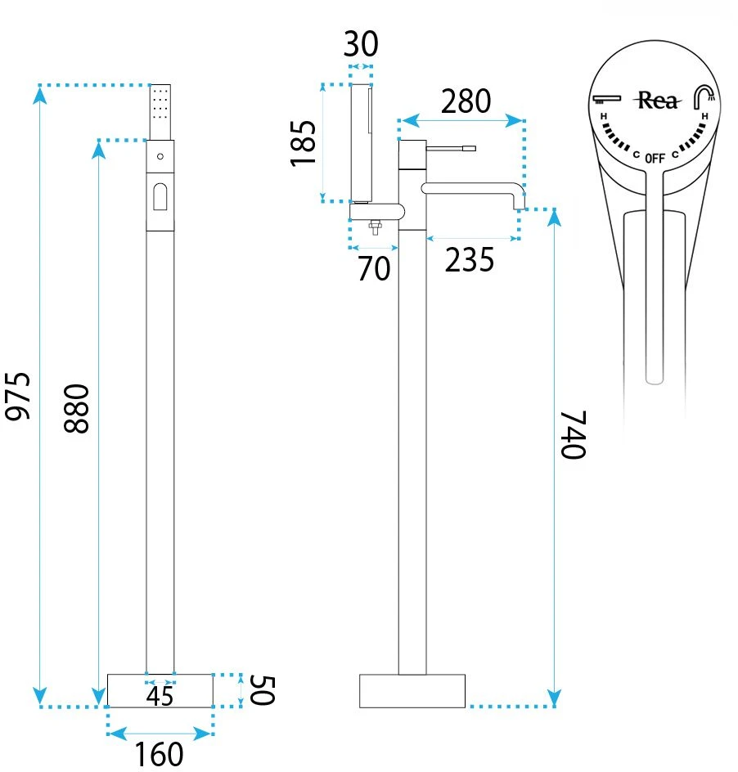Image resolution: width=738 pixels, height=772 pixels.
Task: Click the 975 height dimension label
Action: pos(18,397)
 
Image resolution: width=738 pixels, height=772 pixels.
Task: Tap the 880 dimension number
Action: pos(77,409)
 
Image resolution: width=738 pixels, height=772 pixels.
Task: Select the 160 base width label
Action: pos(159,754)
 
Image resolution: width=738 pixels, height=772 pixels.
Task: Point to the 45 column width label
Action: pos(160,696)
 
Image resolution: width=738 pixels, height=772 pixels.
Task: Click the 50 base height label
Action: pos(262,690)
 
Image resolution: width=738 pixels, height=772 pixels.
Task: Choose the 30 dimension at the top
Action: pos(361,44)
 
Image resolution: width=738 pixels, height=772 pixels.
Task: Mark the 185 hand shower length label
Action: pos(303,143)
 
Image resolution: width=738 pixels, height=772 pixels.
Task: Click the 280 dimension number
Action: pos(466,101)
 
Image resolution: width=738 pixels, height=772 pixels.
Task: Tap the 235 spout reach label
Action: pos(469,260)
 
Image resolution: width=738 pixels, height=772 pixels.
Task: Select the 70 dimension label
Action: pos(374,269)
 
